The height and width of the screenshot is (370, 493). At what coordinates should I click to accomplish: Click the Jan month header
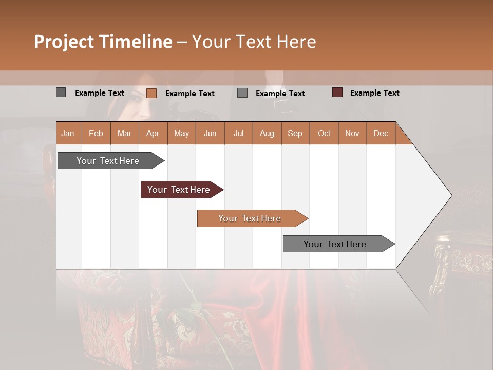click(x=68, y=133)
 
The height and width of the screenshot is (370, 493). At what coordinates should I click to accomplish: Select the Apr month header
click(x=153, y=133)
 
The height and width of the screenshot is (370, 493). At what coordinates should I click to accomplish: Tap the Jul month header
click(x=238, y=133)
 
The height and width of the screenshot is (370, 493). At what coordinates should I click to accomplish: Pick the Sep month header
click(x=295, y=133)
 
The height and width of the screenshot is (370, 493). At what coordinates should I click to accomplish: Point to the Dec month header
click(x=381, y=133)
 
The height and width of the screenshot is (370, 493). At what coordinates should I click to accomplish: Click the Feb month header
click(x=96, y=133)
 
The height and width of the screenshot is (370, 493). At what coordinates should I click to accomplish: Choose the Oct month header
click(x=324, y=133)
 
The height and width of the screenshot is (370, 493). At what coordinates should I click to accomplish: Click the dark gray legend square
click(x=61, y=92)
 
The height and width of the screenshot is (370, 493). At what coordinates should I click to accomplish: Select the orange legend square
click(x=151, y=93)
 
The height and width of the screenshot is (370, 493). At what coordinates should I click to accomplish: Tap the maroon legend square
click(x=337, y=92)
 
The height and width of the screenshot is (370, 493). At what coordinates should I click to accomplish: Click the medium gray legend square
click(x=242, y=93)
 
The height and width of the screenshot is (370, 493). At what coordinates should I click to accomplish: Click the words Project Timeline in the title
click(x=103, y=42)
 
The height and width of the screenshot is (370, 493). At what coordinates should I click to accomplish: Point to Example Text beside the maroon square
click(x=374, y=93)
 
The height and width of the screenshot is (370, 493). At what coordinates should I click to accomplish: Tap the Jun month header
click(x=210, y=133)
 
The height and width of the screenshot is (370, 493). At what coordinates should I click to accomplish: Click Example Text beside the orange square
click(x=189, y=94)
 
